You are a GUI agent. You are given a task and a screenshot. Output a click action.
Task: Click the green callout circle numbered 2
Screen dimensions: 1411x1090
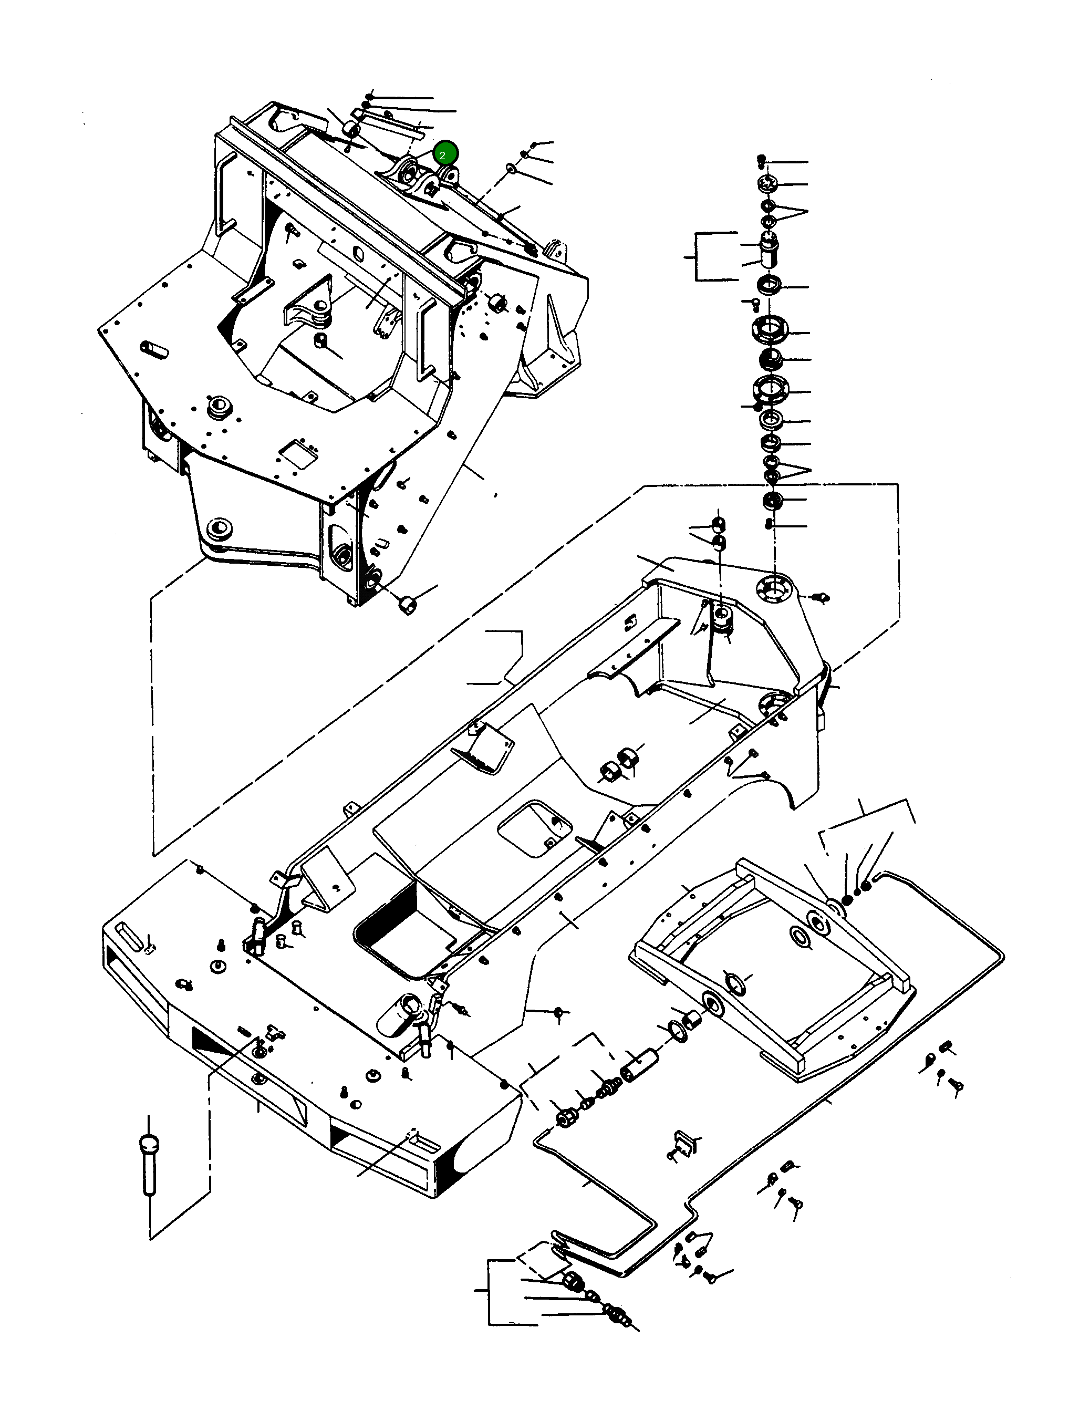(x=445, y=154)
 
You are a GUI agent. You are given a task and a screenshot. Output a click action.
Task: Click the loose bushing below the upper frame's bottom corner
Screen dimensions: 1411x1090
(x=408, y=605)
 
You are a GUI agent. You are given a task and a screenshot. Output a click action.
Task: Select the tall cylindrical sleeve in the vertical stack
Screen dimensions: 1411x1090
(x=767, y=253)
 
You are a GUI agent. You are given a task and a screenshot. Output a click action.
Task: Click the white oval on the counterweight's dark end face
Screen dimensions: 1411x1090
(x=464, y=1160)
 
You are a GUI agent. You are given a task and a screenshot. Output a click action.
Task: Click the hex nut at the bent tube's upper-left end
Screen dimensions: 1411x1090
(x=567, y=1118)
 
